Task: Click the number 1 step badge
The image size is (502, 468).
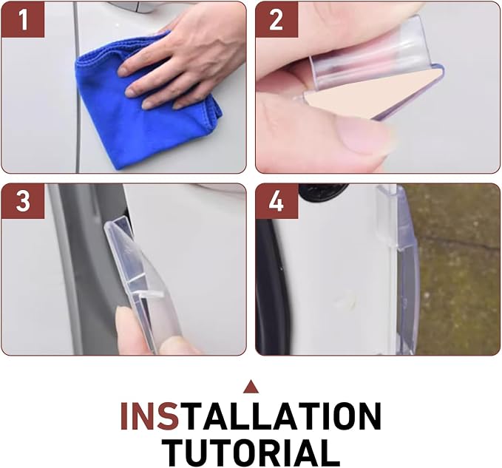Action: click(23, 20)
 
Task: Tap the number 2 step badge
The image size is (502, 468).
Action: click(277, 20)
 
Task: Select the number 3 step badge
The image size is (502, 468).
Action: click(23, 201)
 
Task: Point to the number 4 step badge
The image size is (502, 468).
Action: click(277, 201)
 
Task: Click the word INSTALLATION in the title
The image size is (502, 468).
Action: click(251, 416)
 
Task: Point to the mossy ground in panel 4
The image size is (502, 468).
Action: click(458, 269)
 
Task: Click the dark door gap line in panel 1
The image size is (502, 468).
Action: click(76, 87)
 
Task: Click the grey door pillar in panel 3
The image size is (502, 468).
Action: click(87, 269)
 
